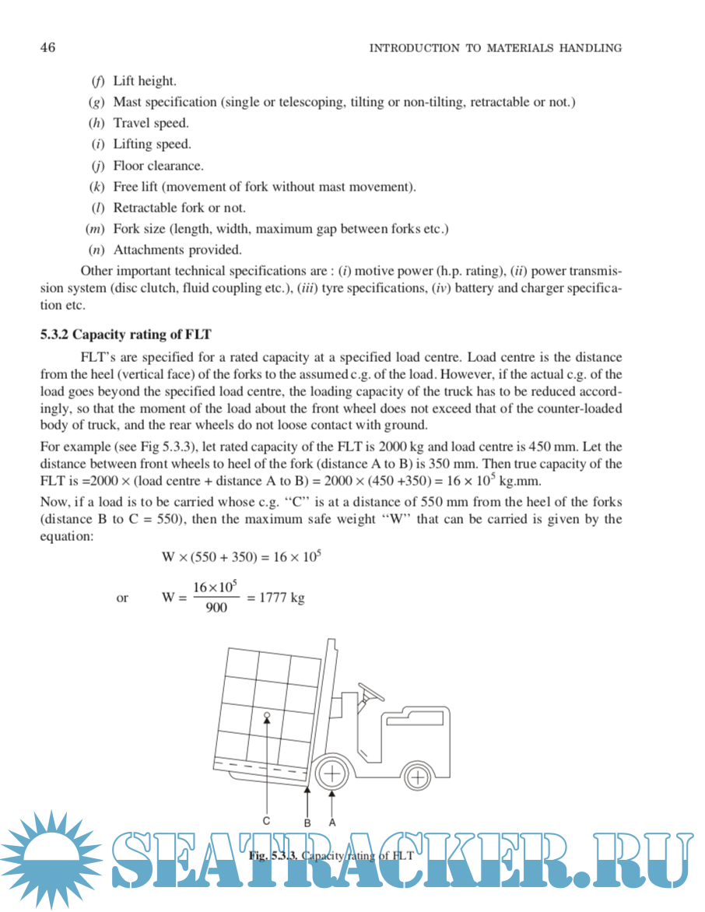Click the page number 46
pos(47,48)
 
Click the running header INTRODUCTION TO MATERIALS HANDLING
pos(495,48)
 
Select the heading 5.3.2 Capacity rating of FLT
pos(126,335)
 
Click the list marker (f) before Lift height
pos(98,81)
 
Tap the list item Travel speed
pos(151,123)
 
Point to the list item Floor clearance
pos(158,166)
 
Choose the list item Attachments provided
pos(177,250)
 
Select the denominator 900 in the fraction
pos(216,608)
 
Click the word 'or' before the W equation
pos(122,598)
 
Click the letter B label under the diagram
pos(307,822)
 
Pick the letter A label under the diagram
pos(332,822)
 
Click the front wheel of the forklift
pos(332,774)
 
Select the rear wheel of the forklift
pos(419,777)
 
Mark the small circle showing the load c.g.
pos(267,714)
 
